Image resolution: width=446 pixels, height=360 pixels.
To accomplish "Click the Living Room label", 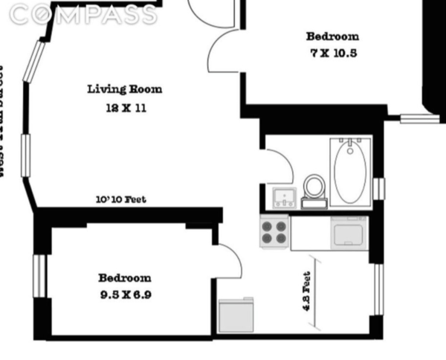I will point(125,89).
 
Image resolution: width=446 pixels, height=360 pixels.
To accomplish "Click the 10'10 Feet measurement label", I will point(121,199).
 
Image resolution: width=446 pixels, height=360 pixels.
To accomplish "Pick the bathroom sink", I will point(285,197).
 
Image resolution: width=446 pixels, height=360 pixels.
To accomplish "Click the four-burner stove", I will point(274,231).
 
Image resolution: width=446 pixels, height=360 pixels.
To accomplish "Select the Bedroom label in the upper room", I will point(332,36).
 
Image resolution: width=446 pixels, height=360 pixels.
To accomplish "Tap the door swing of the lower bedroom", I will point(229,260).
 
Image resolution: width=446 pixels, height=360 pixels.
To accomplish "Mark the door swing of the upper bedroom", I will point(223,52).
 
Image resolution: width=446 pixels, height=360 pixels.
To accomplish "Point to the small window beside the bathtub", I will point(379,188).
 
